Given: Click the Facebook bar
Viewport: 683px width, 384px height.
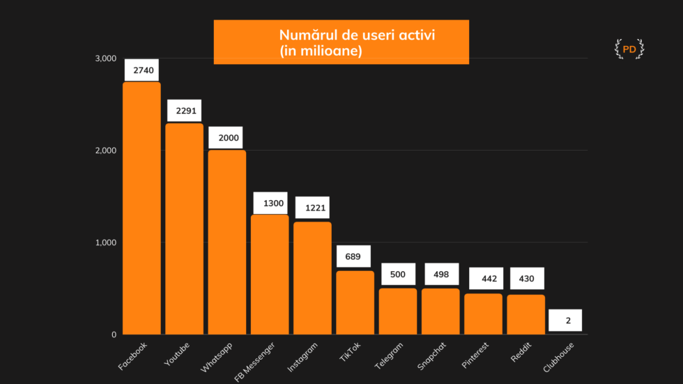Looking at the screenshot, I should (x=141, y=209).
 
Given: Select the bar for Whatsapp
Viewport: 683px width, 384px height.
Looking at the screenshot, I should (x=227, y=243).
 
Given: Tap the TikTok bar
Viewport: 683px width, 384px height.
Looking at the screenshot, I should (x=355, y=302).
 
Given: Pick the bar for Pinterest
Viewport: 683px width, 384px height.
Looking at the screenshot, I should (x=483, y=314).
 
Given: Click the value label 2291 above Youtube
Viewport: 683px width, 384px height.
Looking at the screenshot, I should (x=185, y=111).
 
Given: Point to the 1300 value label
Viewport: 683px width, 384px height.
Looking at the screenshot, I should (x=270, y=203).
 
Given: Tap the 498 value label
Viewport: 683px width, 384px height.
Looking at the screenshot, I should (x=440, y=275).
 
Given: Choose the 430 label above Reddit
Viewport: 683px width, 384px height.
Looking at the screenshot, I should (x=527, y=279).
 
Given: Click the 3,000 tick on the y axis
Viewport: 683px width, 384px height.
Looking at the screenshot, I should (x=105, y=59).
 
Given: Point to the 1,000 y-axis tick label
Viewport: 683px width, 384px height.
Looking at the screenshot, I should (x=105, y=243).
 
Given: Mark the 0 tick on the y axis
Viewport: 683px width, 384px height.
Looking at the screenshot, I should (x=114, y=335).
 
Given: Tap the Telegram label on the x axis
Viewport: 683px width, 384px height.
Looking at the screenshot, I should (x=390, y=355).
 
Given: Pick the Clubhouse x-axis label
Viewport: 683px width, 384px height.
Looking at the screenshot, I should (x=560, y=356).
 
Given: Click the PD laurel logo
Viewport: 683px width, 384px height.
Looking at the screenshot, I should (x=629, y=49).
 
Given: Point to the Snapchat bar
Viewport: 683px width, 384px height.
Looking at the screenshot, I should (x=440, y=312).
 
